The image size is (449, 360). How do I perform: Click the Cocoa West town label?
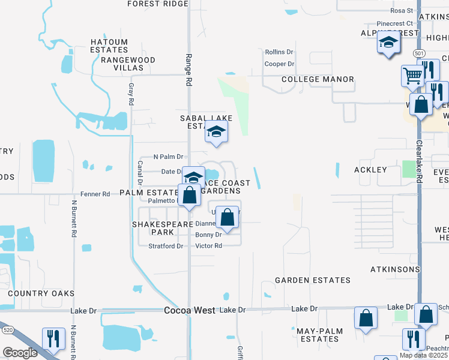[x=189, y=310]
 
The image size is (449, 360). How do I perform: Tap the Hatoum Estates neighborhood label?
[x=109, y=46]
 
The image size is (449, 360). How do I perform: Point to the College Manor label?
[x=318, y=79]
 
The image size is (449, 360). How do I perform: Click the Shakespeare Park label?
[x=153, y=228]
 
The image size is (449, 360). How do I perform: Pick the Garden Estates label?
[x=313, y=280]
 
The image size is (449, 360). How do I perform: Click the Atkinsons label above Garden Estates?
[x=394, y=269]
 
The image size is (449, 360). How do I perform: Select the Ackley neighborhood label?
[x=370, y=170]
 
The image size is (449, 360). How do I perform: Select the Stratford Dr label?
[x=166, y=246]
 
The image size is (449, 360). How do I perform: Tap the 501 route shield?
[x=418, y=53]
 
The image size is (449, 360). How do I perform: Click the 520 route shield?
[x=8, y=330]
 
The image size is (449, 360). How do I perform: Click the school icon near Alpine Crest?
[x=388, y=43]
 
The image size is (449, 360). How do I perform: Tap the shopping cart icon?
[x=412, y=76]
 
